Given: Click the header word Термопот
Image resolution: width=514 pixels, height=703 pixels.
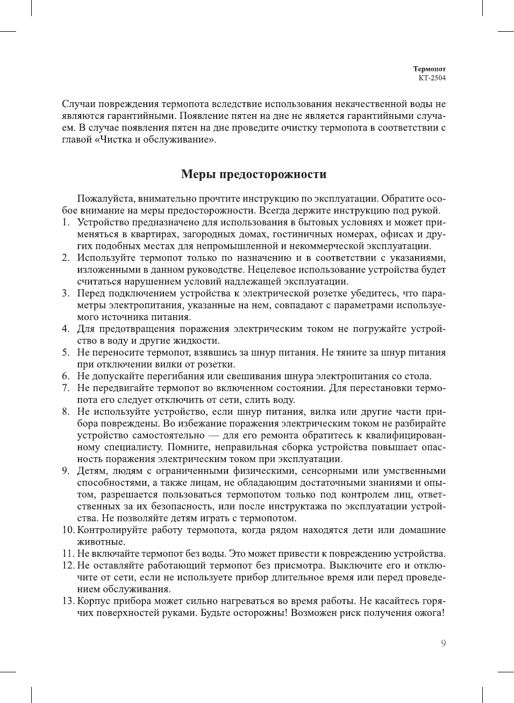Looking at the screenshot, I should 429,69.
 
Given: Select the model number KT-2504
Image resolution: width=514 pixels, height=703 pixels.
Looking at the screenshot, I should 432,77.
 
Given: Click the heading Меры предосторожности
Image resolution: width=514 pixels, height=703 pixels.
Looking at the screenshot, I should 254,174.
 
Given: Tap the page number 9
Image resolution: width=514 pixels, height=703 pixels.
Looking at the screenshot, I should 443,643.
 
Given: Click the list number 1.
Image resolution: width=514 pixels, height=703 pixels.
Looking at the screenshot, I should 65,222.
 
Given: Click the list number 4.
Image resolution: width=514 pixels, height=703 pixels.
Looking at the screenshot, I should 65,329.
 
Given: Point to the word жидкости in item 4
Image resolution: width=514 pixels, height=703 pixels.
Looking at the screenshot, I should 198,340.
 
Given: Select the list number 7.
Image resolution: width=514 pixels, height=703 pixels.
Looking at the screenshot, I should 65,388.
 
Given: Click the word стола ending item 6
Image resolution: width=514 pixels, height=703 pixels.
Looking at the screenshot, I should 418,376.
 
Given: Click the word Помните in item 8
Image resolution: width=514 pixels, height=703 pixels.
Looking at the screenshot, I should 188,447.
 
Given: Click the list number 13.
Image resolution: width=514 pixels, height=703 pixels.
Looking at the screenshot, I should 68,601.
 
